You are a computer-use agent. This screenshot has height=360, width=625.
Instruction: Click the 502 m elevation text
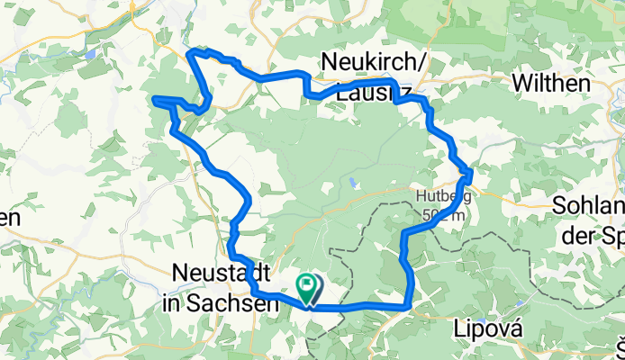[x=443, y=214]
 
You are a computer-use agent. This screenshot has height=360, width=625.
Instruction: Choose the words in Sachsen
[x=222, y=304]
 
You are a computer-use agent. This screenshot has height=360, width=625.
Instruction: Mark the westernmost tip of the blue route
[x=155, y=98]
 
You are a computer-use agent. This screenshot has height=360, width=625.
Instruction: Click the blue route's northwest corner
[x=190, y=53]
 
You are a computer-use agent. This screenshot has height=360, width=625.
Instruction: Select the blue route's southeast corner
[x=411, y=306]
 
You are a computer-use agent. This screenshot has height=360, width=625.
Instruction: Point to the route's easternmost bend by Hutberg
[x=469, y=171]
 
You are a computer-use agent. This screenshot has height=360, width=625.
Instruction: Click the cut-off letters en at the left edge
[x=8, y=218]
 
